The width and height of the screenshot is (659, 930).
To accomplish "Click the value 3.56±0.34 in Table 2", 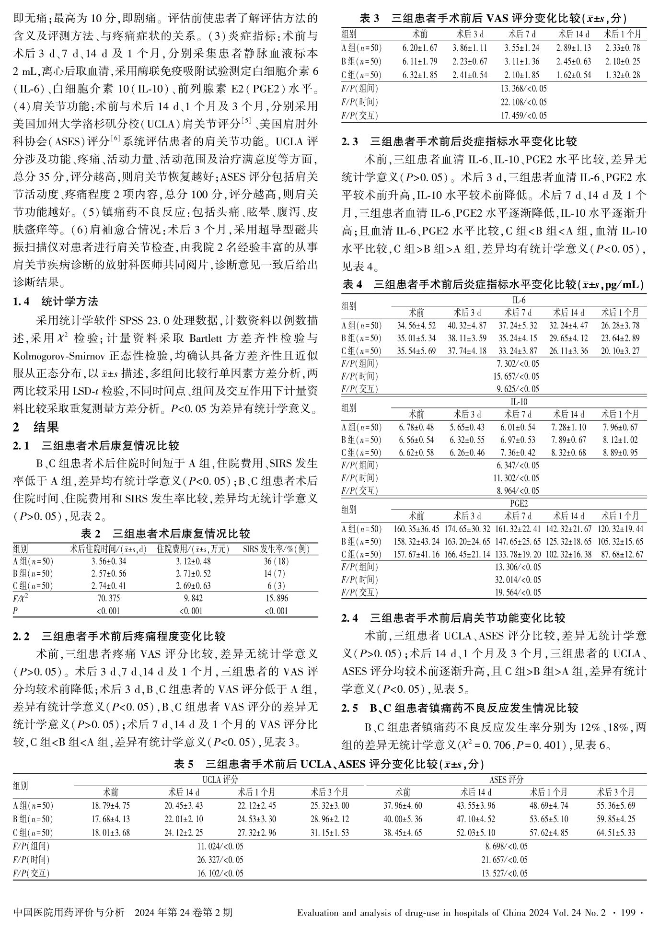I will click(x=109, y=561).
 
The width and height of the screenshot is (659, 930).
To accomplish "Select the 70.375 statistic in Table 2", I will click(x=109, y=598).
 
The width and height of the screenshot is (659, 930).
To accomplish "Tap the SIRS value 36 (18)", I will click(x=276, y=561).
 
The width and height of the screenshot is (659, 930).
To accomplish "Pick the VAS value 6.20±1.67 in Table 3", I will click(x=420, y=48).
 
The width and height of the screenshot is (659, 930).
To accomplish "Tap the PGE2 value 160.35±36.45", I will click(x=416, y=529).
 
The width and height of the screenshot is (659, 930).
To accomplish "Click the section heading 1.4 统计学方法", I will click(x=56, y=302).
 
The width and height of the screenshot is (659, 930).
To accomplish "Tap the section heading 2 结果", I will click(x=36, y=427).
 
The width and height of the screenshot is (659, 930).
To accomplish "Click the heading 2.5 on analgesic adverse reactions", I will click(x=460, y=708).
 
